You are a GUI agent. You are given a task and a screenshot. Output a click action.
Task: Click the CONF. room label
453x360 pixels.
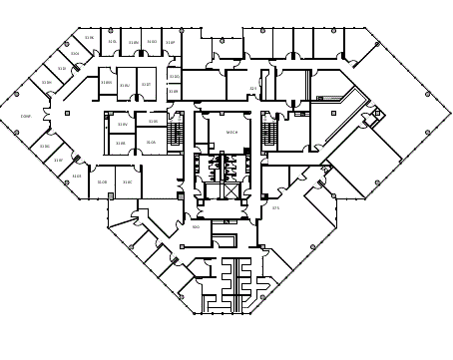tap(26, 117)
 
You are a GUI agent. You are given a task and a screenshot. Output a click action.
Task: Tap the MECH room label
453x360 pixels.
tap(231, 132)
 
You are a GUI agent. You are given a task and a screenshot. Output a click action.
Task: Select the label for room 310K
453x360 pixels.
tap(89, 38)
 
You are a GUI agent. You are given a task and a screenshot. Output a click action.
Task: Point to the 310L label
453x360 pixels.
tap(75, 54)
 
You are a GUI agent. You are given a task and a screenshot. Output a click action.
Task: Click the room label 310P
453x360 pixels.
tap(170, 43)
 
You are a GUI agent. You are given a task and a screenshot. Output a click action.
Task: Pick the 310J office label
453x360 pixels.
tap(62, 69)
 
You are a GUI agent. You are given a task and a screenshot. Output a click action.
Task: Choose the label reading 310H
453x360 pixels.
tap(46, 83)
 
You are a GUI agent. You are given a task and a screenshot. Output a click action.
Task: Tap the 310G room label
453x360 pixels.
tap(44, 147)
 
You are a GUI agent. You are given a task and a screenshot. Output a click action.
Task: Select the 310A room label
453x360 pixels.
tap(151, 143)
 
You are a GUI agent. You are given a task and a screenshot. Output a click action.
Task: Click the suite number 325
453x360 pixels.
tap(253, 89)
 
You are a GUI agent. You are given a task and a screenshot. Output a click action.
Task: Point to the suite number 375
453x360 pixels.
tap(275, 208)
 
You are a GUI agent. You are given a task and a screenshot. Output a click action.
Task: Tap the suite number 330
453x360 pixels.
tap(196, 227)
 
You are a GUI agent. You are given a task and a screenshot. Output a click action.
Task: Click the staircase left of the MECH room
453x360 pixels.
tap(178, 132)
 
